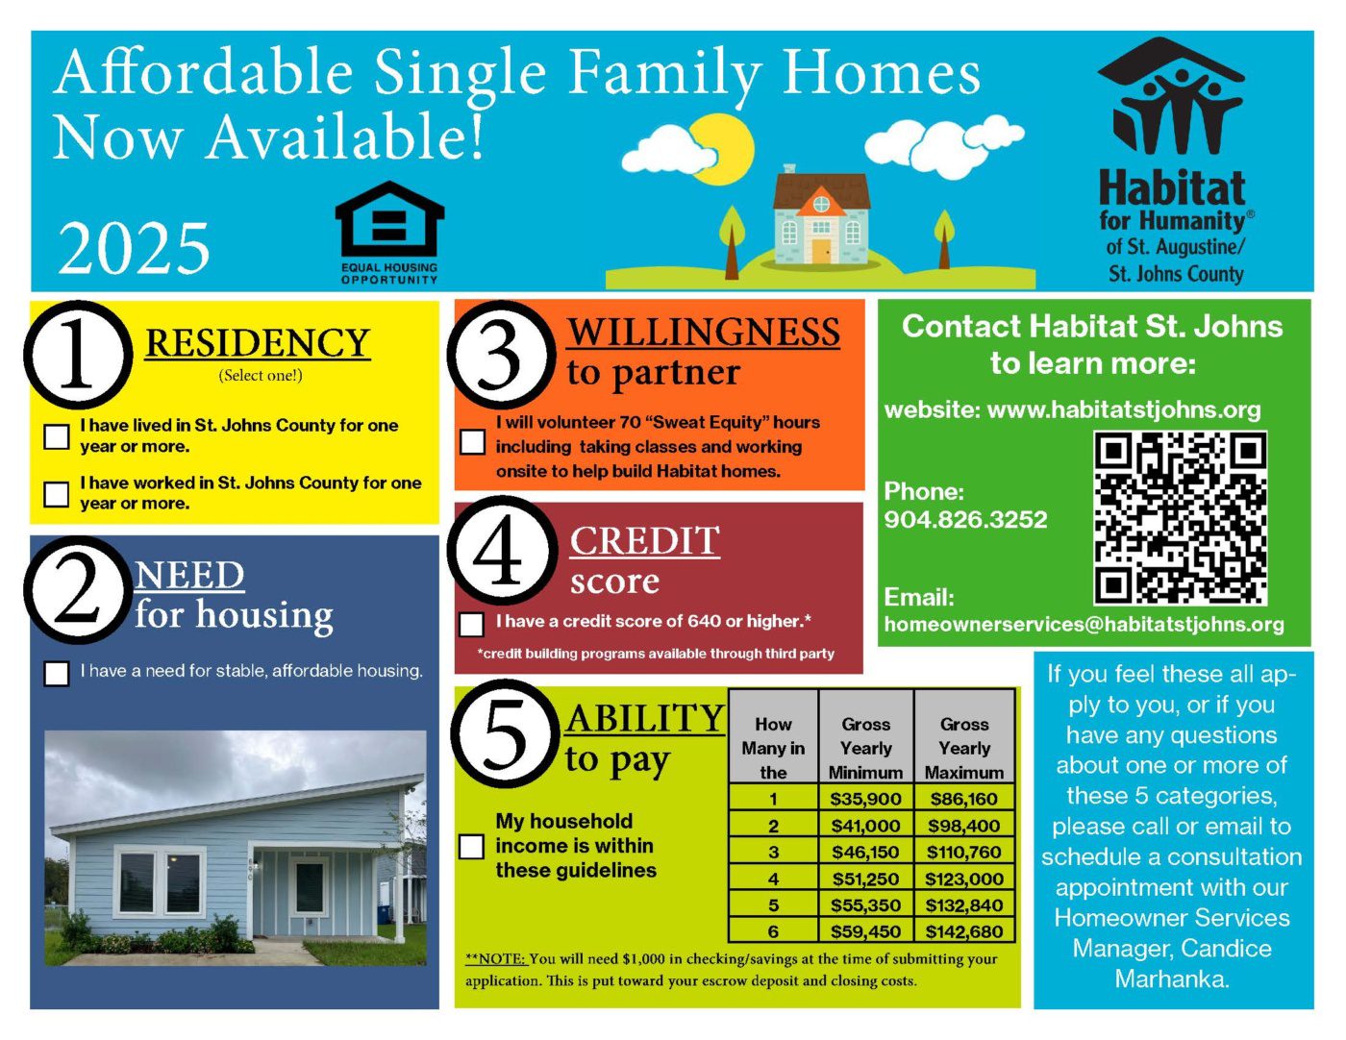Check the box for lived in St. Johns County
(x=57, y=437)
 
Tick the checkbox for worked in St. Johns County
(x=57, y=494)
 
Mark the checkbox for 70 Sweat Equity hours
(x=473, y=442)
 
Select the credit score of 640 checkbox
(x=471, y=624)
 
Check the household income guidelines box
(x=471, y=846)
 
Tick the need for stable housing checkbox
(x=57, y=674)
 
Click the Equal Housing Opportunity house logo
(x=389, y=219)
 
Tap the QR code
(x=1180, y=518)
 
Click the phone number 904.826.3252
(x=965, y=519)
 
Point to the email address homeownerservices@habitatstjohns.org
(x=1084, y=624)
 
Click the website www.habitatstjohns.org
(x=1124, y=409)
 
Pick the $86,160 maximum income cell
(x=964, y=799)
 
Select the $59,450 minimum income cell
(x=865, y=931)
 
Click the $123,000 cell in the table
(x=964, y=879)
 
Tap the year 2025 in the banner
(x=134, y=248)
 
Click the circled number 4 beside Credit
(x=499, y=551)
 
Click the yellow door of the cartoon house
(x=821, y=251)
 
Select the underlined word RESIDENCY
(x=257, y=343)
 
